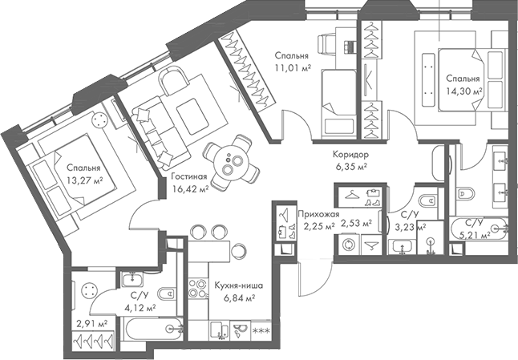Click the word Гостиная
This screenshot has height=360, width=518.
tap(189, 177)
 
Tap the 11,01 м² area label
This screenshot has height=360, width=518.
tap(292, 67)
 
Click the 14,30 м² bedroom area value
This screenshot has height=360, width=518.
tap(465, 91)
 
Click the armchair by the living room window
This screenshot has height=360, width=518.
tap(172, 82)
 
